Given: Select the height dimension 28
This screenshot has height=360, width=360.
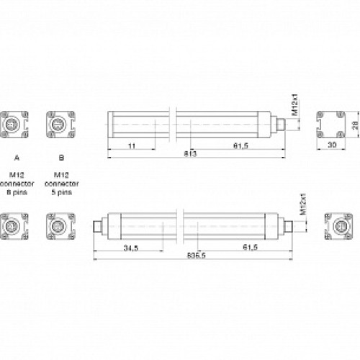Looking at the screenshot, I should click(x=355, y=125).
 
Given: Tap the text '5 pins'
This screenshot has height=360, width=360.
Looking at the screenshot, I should click(x=60, y=193).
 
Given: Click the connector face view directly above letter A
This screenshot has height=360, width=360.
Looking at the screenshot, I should click(x=15, y=124).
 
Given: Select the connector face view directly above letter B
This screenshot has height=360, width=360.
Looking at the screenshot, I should click(x=60, y=124).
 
